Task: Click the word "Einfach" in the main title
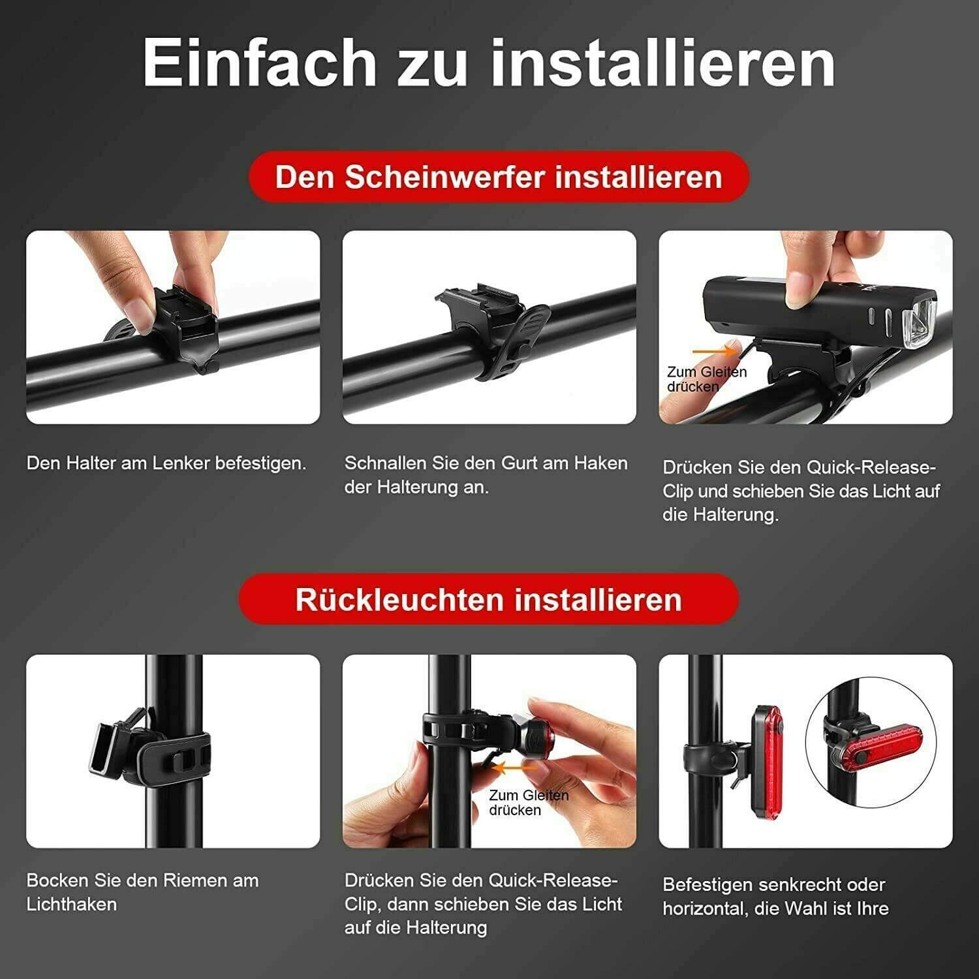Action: coord(259,63)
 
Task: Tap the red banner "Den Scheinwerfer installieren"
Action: coord(499,177)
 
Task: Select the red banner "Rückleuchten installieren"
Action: coord(488,599)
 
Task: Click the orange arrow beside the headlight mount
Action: coord(715,352)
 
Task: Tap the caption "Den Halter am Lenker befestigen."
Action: coord(166,463)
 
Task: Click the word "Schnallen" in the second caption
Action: coord(385,463)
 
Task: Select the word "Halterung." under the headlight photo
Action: coord(736,515)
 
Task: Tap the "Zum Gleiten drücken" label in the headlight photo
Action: coord(706,379)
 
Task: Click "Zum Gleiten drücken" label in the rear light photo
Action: coord(529,803)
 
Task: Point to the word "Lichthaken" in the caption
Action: coord(72,905)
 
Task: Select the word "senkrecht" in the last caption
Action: coord(801,885)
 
